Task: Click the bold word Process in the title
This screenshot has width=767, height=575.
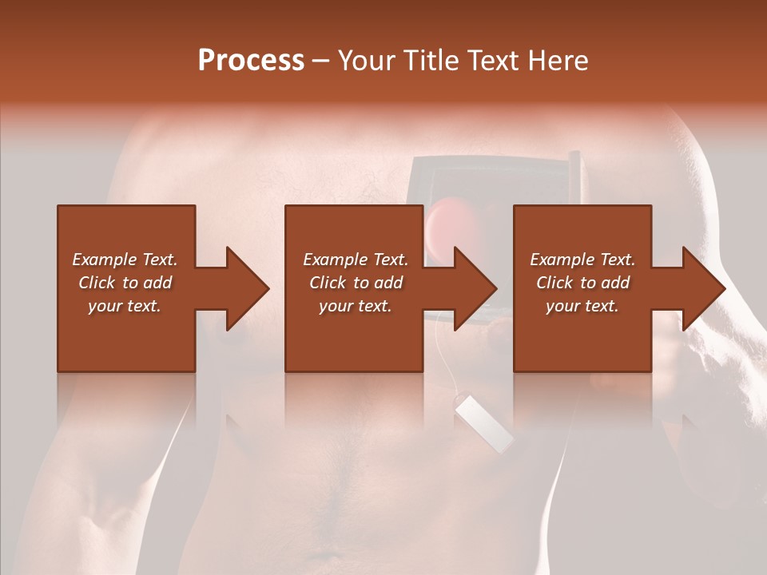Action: tap(251, 61)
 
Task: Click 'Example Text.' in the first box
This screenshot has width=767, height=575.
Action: tap(125, 260)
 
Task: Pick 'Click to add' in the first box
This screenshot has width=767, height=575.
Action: tap(125, 283)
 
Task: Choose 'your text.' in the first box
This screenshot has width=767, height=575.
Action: tap(125, 306)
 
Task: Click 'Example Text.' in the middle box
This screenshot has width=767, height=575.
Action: tap(355, 260)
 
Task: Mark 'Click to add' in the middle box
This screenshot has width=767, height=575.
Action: tap(355, 283)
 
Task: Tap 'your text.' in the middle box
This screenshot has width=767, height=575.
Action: tap(355, 306)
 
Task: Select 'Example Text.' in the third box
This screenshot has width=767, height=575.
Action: tap(582, 260)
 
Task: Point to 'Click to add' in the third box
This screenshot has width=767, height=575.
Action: tap(582, 283)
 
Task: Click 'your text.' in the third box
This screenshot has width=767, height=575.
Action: tap(582, 306)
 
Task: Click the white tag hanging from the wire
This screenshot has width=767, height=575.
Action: tap(484, 426)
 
